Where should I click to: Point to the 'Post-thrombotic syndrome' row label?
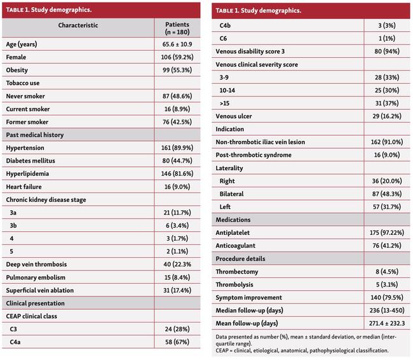click(x=254, y=155)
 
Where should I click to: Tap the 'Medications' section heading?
click(x=237, y=219)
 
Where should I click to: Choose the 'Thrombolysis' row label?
click(x=239, y=284)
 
